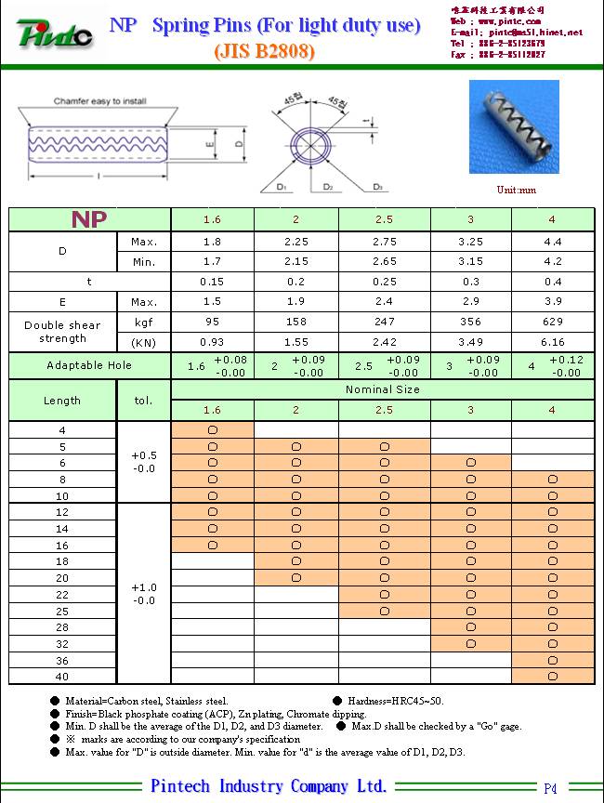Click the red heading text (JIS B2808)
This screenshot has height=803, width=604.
click(x=265, y=52)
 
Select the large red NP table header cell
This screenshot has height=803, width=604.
click(x=89, y=219)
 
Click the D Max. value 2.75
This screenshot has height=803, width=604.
click(x=384, y=242)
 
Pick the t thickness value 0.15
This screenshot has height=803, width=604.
click(x=212, y=282)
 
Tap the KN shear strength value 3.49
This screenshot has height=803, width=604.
click(x=470, y=343)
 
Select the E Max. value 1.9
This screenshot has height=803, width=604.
click(x=295, y=302)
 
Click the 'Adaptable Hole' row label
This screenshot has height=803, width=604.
click(x=89, y=365)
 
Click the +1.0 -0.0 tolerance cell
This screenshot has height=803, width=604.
click(x=144, y=594)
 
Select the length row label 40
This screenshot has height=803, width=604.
click(x=62, y=677)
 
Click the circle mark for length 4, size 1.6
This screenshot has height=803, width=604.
click(x=212, y=430)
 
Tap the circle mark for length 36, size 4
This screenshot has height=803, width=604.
click(x=552, y=660)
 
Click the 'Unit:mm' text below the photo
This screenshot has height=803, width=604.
click(x=517, y=191)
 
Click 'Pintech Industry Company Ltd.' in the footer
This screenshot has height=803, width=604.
click(x=269, y=786)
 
